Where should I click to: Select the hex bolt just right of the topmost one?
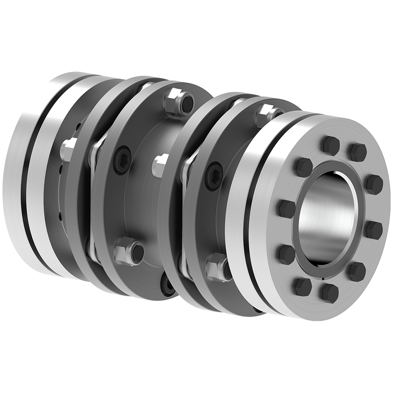click(357, 152)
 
